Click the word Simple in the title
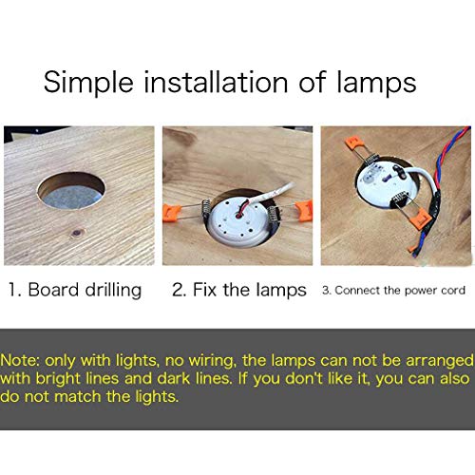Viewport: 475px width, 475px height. (88, 83)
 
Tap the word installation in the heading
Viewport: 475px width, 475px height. (216, 82)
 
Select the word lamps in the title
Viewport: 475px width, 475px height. (376, 83)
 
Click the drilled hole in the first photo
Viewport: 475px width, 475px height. (71, 191)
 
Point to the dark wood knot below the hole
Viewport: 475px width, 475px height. (77, 234)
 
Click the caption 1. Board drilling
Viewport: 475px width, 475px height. (75, 290)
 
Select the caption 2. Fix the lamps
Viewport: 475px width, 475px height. (239, 290)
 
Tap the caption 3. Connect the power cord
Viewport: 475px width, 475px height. (393, 291)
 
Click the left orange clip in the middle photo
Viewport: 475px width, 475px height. (172, 213)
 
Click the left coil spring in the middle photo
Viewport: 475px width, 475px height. (206, 211)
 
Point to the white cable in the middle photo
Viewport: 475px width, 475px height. (273, 194)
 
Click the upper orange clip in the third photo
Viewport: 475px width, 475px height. (353, 142)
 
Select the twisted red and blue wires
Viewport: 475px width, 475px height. (444, 190)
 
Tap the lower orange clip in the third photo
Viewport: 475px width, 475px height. (421, 220)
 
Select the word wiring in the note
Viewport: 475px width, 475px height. (213, 362)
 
